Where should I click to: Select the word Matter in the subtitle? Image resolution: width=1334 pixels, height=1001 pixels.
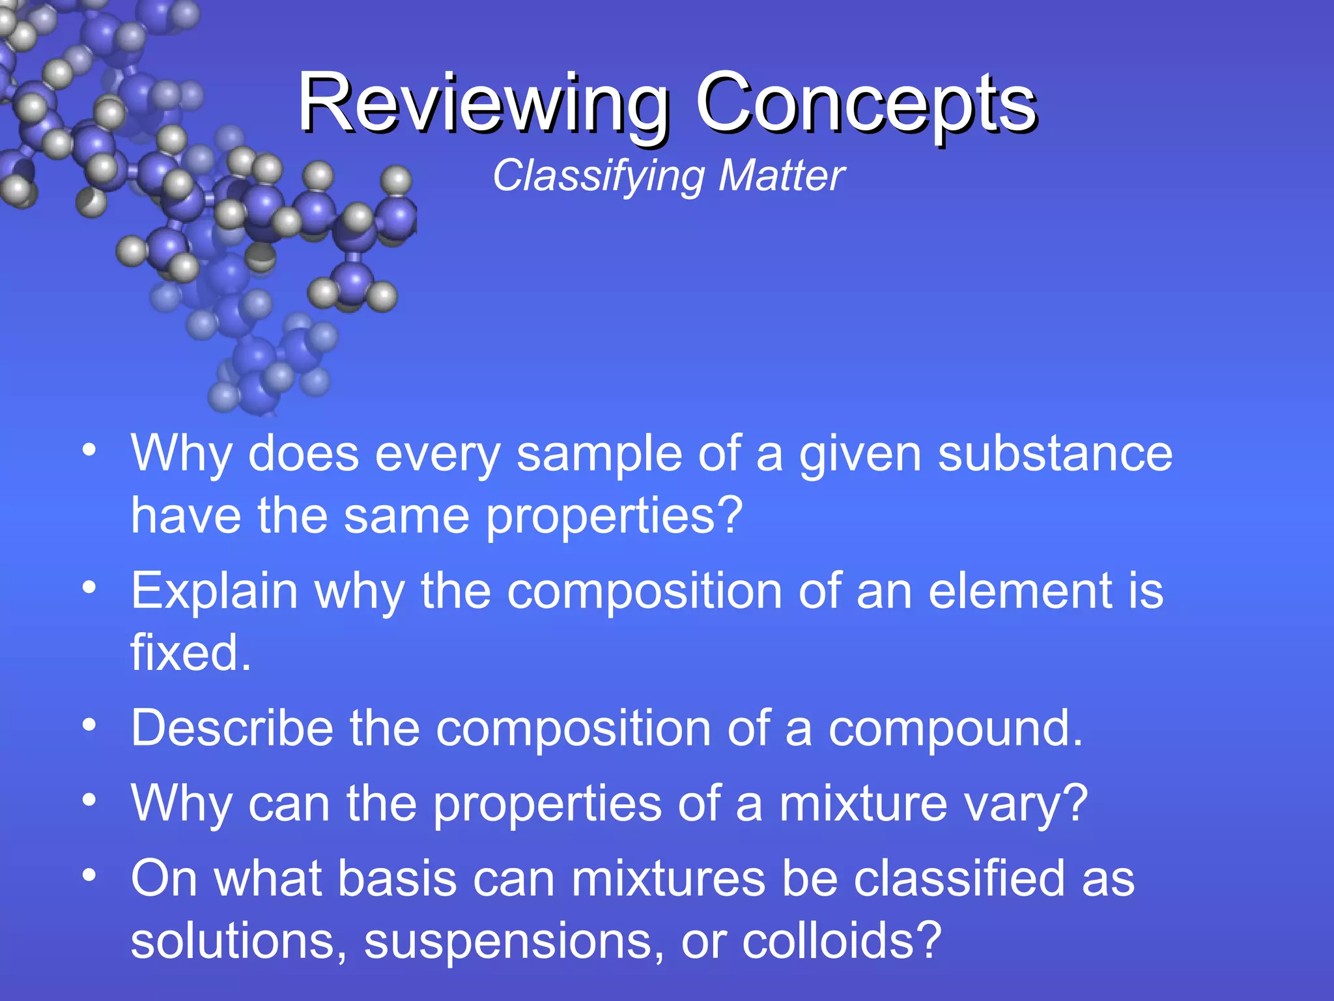pyautogui.click(x=781, y=176)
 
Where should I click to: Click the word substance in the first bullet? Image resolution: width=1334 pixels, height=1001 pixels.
pyautogui.click(x=1055, y=454)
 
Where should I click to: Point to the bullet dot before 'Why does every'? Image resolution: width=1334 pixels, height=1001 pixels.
pyautogui.click(x=90, y=450)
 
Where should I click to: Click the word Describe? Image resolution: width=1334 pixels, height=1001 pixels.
pyautogui.click(x=232, y=728)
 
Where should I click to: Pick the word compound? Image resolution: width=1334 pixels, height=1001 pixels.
pyautogui.click(x=948, y=729)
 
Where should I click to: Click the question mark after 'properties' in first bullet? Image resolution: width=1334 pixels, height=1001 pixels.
pyautogui.click(x=731, y=515)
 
